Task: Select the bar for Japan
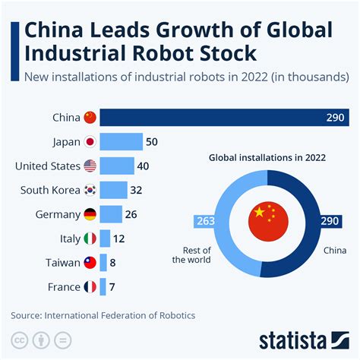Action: (x=121, y=142)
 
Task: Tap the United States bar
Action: (x=116, y=166)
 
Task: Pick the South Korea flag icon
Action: (x=90, y=190)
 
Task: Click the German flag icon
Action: (x=90, y=214)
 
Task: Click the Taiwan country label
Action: (x=56, y=263)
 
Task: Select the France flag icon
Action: (x=90, y=287)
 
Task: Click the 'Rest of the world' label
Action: (x=194, y=254)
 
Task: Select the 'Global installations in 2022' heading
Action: (x=267, y=157)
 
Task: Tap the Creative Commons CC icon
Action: (x=17, y=339)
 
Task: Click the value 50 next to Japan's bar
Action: (x=152, y=142)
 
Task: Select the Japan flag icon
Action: (x=90, y=142)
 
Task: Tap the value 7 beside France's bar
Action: (x=112, y=287)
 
